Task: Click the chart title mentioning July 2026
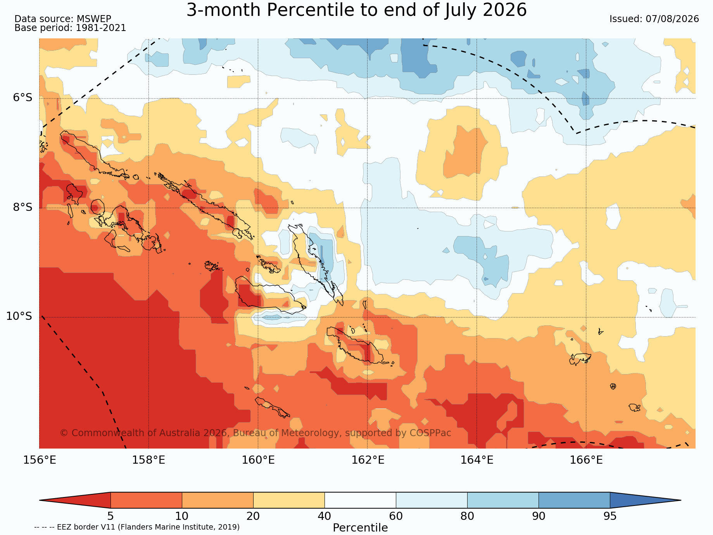click(357, 10)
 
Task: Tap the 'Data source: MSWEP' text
click(63, 19)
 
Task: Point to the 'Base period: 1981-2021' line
click(70, 28)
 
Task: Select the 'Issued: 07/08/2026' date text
click(654, 19)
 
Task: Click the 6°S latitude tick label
click(23, 98)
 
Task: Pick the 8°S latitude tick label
click(23, 207)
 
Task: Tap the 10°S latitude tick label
click(19, 316)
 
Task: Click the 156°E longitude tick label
click(40, 460)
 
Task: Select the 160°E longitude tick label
click(258, 460)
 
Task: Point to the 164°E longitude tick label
click(477, 460)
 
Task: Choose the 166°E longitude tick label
click(586, 460)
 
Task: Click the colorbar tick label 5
click(110, 516)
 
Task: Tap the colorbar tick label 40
click(325, 516)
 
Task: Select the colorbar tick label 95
click(610, 516)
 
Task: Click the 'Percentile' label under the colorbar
click(360, 528)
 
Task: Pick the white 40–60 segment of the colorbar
click(360, 500)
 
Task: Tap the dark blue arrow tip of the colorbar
click(680, 500)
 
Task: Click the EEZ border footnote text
click(137, 527)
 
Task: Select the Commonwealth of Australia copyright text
click(256, 433)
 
